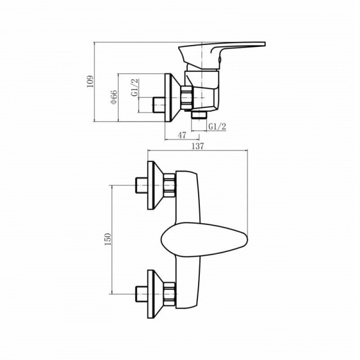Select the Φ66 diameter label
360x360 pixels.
[x=113, y=97]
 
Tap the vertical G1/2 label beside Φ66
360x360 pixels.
[x=136, y=88]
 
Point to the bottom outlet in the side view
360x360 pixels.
[x=199, y=114]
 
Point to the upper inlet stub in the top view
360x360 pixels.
[x=142, y=185]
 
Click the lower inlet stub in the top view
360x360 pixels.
[x=142, y=293]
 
